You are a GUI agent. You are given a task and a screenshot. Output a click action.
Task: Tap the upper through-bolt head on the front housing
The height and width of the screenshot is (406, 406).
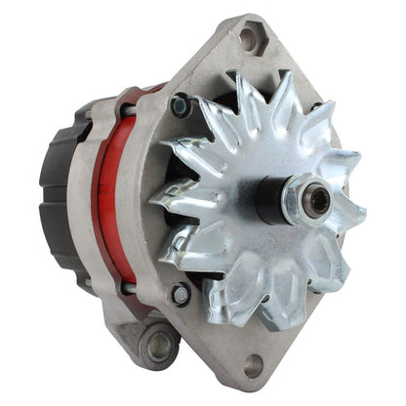pos(179,102)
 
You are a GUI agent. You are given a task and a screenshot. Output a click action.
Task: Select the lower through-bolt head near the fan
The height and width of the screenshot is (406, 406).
pos(181,293)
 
